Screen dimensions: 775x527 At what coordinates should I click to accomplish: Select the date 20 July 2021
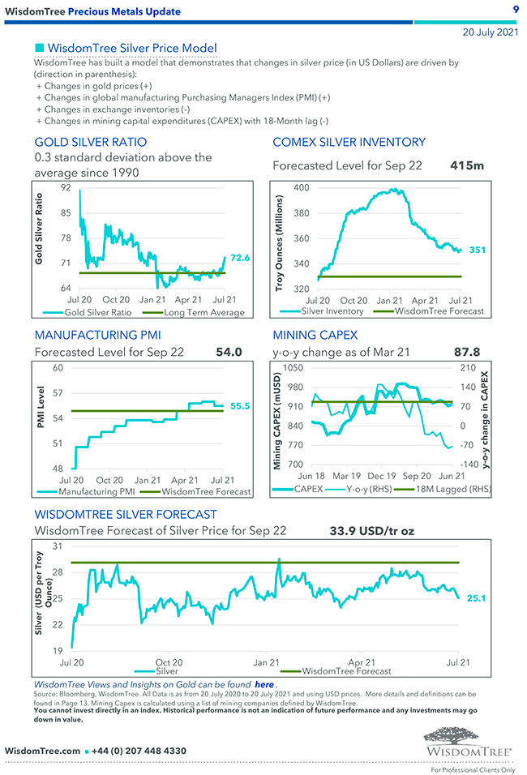pos(490,33)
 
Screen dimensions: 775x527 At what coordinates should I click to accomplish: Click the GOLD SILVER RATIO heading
pos(91,142)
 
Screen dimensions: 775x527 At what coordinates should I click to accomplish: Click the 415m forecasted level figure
pos(467,165)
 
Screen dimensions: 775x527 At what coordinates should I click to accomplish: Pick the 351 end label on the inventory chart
pos(477,250)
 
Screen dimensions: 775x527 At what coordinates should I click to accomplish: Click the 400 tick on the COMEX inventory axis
pos(302,188)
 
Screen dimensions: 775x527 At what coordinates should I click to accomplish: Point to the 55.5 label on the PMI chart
pos(240,406)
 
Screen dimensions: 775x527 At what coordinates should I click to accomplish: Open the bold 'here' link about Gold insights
pos(264,684)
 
